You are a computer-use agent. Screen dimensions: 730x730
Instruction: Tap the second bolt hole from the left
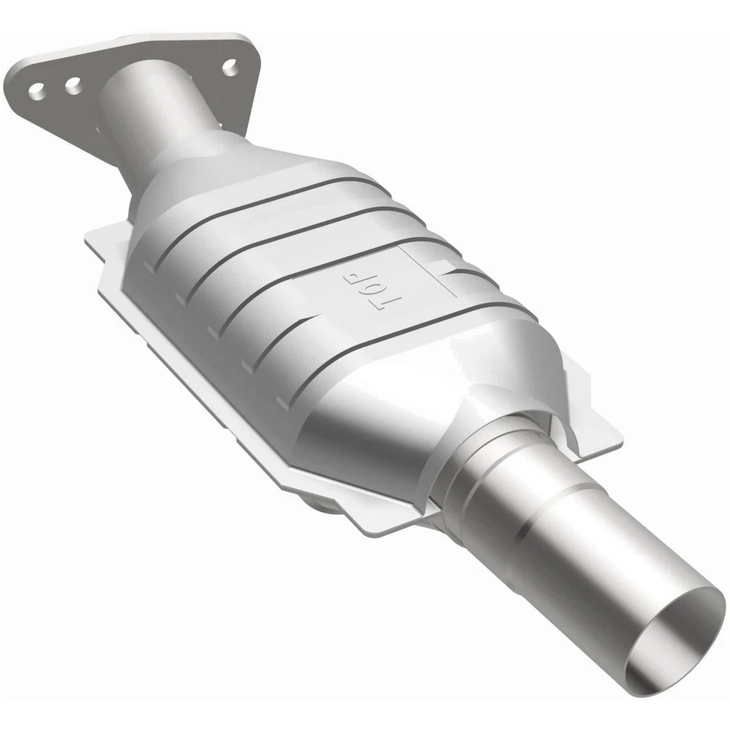coord(73,86)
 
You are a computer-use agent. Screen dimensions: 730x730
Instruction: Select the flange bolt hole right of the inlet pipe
coord(229,68)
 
